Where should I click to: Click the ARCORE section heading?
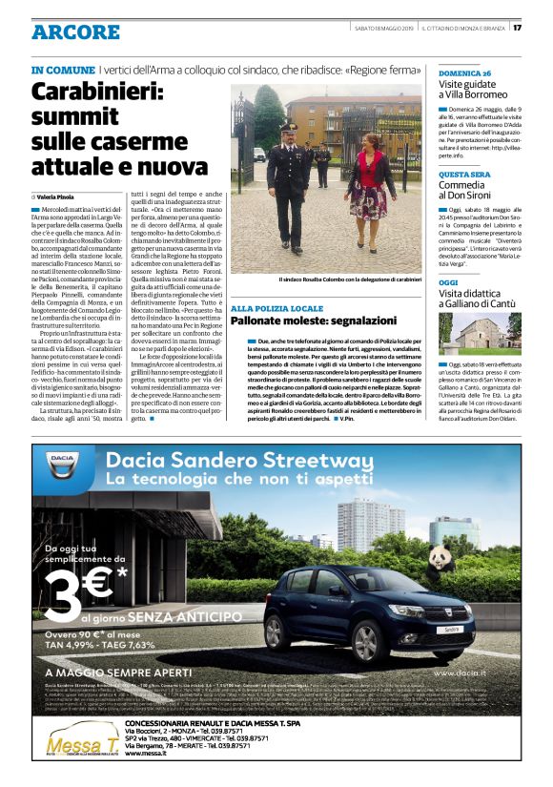pos(75,32)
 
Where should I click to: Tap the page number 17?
pos(541,27)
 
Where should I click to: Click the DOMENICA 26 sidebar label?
pos(465,72)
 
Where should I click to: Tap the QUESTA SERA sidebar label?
pos(464,175)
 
